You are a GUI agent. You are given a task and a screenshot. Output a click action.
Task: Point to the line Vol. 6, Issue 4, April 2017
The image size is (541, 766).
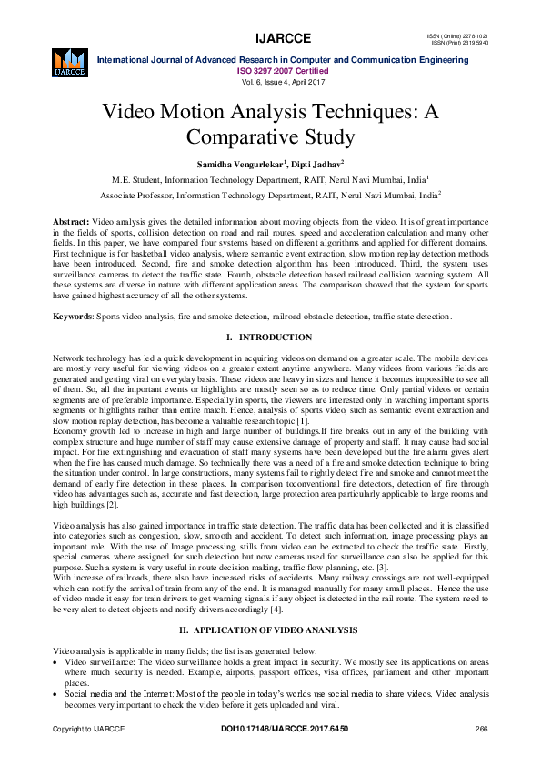click(270, 80)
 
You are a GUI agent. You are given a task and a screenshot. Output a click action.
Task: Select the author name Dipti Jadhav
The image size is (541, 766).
click(316, 164)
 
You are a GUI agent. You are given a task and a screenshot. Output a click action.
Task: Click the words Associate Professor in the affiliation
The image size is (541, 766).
click(136, 195)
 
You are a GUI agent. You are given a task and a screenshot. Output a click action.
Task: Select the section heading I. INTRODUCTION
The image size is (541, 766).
click(270, 337)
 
